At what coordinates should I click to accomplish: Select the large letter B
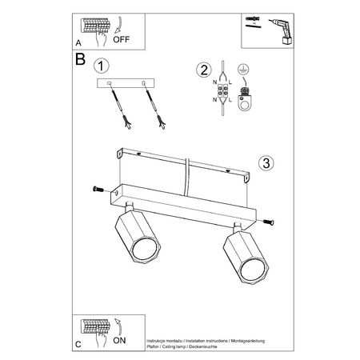point(80,60)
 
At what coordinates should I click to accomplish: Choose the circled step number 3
point(266,162)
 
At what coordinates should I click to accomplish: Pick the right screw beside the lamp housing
point(268,222)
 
